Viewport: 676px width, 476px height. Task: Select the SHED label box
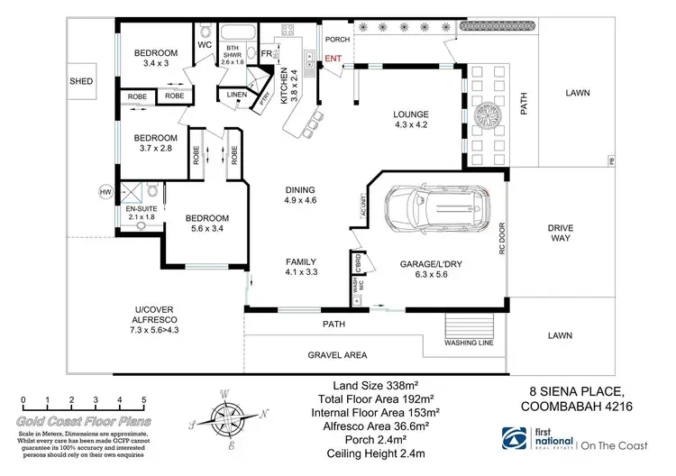(x=81, y=81)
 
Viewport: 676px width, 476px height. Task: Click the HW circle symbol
(x=105, y=191)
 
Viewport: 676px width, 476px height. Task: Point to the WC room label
(x=204, y=43)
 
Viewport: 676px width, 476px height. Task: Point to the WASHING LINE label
(x=469, y=343)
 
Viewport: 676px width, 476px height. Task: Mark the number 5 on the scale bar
(x=118, y=399)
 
